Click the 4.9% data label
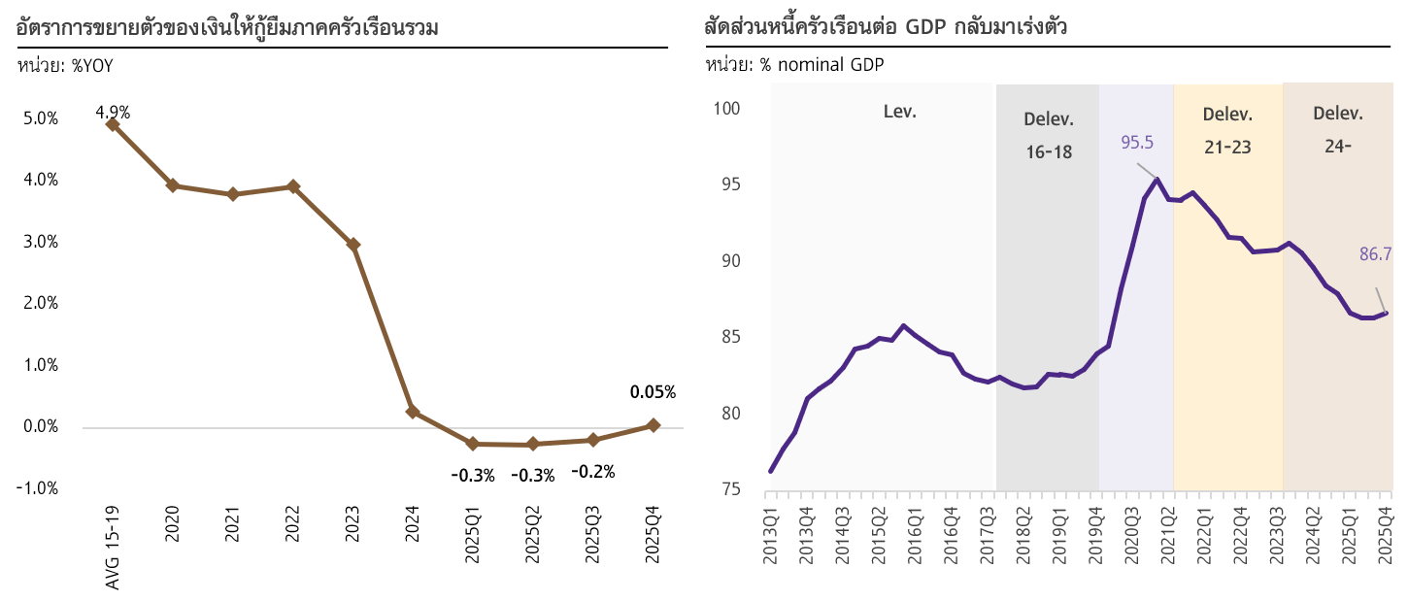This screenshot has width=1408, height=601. pos(113,112)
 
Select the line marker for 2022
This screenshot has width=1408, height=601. pos(293,186)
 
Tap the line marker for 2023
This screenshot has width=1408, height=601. pos(353,245)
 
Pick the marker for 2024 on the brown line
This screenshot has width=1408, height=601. pos(413,412)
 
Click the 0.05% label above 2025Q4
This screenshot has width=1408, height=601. pos(653,392)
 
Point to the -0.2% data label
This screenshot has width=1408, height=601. pos(592,472)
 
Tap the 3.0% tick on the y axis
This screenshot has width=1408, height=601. pos(40,242)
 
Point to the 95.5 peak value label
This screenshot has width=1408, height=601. pos(1137,143)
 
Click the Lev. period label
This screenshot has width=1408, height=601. pos(899,111)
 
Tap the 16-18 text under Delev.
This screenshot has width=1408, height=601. pos(1049,151)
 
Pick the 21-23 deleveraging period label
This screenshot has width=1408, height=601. pos(1227,148)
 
